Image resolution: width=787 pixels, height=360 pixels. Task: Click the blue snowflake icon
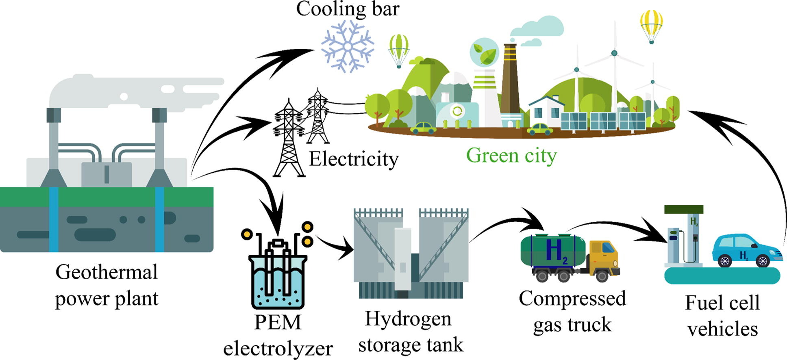click(348, 46)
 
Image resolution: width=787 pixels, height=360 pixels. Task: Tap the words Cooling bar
click(348, 9)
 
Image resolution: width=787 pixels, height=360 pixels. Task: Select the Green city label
click(511, 156)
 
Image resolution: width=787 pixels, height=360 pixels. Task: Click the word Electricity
click(354, 159)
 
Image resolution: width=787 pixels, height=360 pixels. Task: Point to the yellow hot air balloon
click(651, 24)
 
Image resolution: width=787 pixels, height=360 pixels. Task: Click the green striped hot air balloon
click(399, 49)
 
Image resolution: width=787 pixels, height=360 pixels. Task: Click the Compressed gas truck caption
click(572, 312)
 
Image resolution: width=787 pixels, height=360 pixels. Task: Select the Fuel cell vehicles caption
click(722, 316)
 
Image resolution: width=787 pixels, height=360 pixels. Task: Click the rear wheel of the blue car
click(724, 260)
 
